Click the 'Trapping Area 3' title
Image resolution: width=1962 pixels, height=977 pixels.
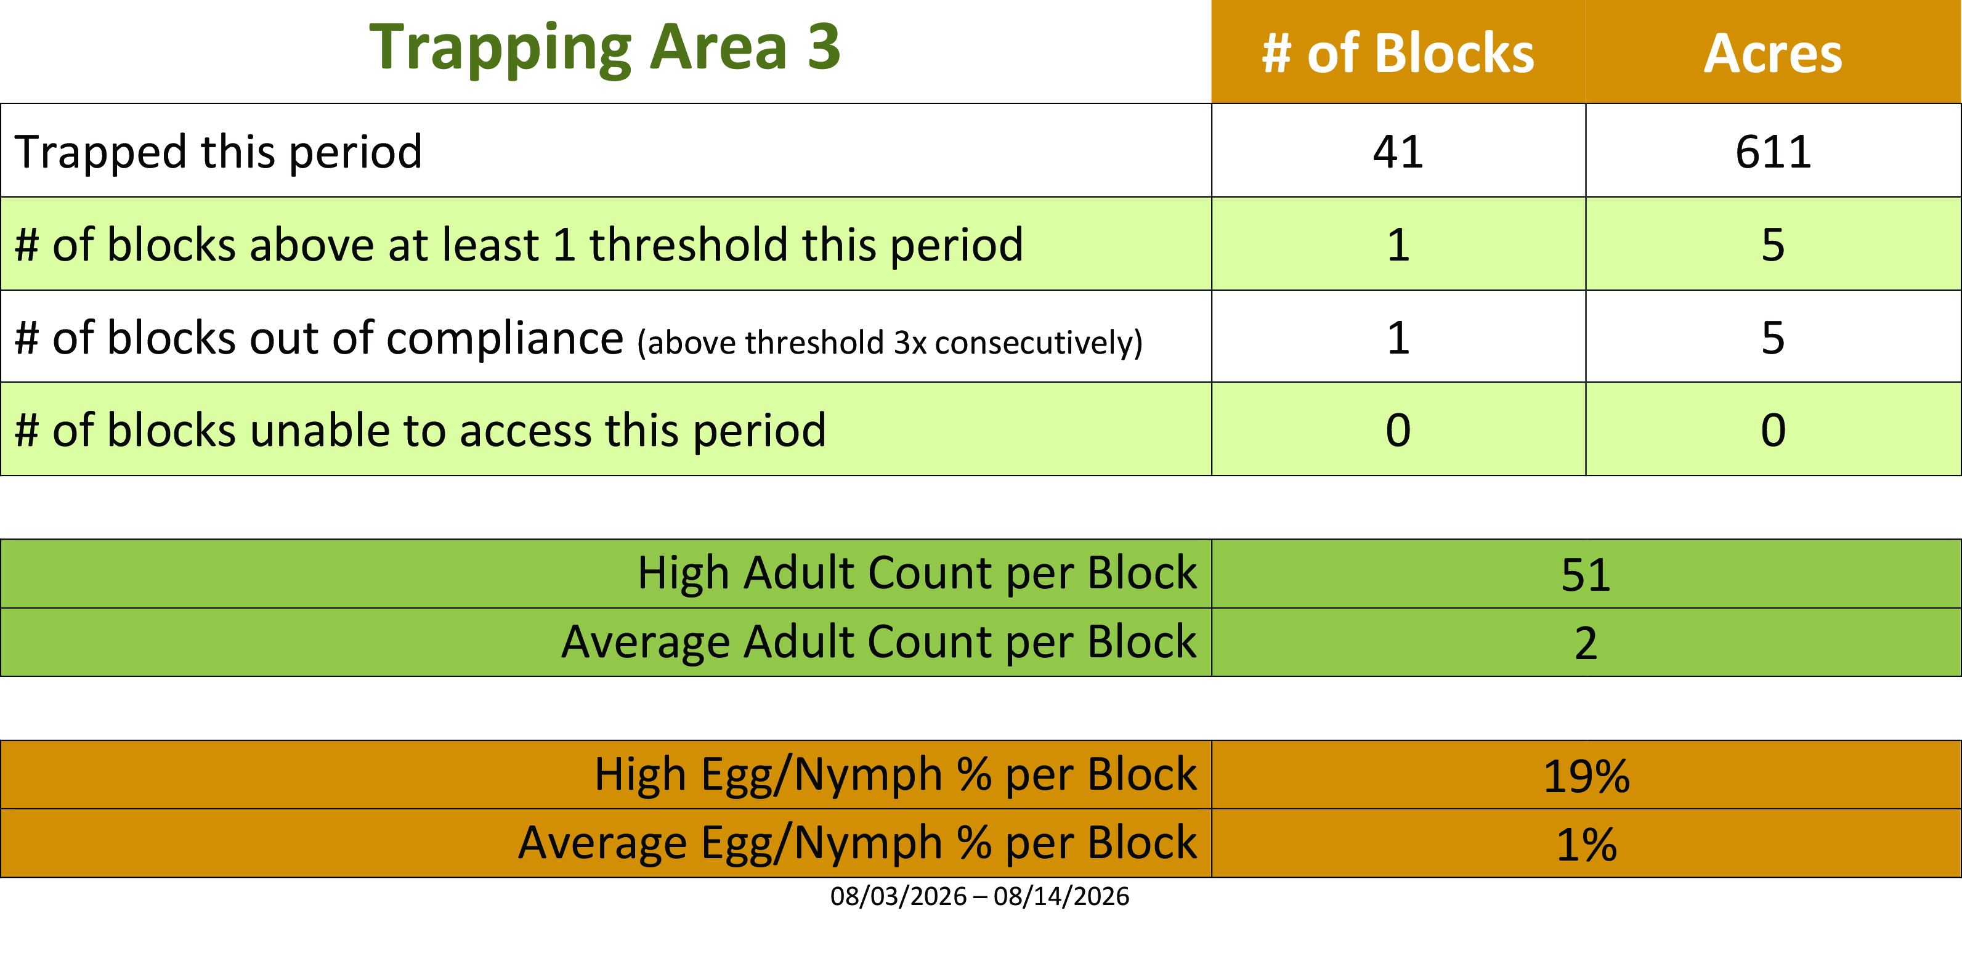605,49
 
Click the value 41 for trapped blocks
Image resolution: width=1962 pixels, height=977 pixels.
1398,152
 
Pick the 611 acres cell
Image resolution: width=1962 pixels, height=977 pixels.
1773,152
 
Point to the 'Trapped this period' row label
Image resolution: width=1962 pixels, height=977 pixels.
218,152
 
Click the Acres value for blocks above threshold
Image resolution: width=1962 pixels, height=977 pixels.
1773,245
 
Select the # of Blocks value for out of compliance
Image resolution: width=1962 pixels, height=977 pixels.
1398,338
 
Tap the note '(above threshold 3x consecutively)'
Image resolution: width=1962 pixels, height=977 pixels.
890,343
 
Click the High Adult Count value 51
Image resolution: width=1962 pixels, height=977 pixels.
1586,575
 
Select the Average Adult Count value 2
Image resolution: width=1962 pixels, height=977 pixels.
1586,644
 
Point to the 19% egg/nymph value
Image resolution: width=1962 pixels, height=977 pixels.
1586,777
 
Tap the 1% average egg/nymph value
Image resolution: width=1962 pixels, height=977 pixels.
1586,845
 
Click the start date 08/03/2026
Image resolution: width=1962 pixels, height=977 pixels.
898,896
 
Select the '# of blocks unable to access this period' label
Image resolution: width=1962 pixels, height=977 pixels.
420,431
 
